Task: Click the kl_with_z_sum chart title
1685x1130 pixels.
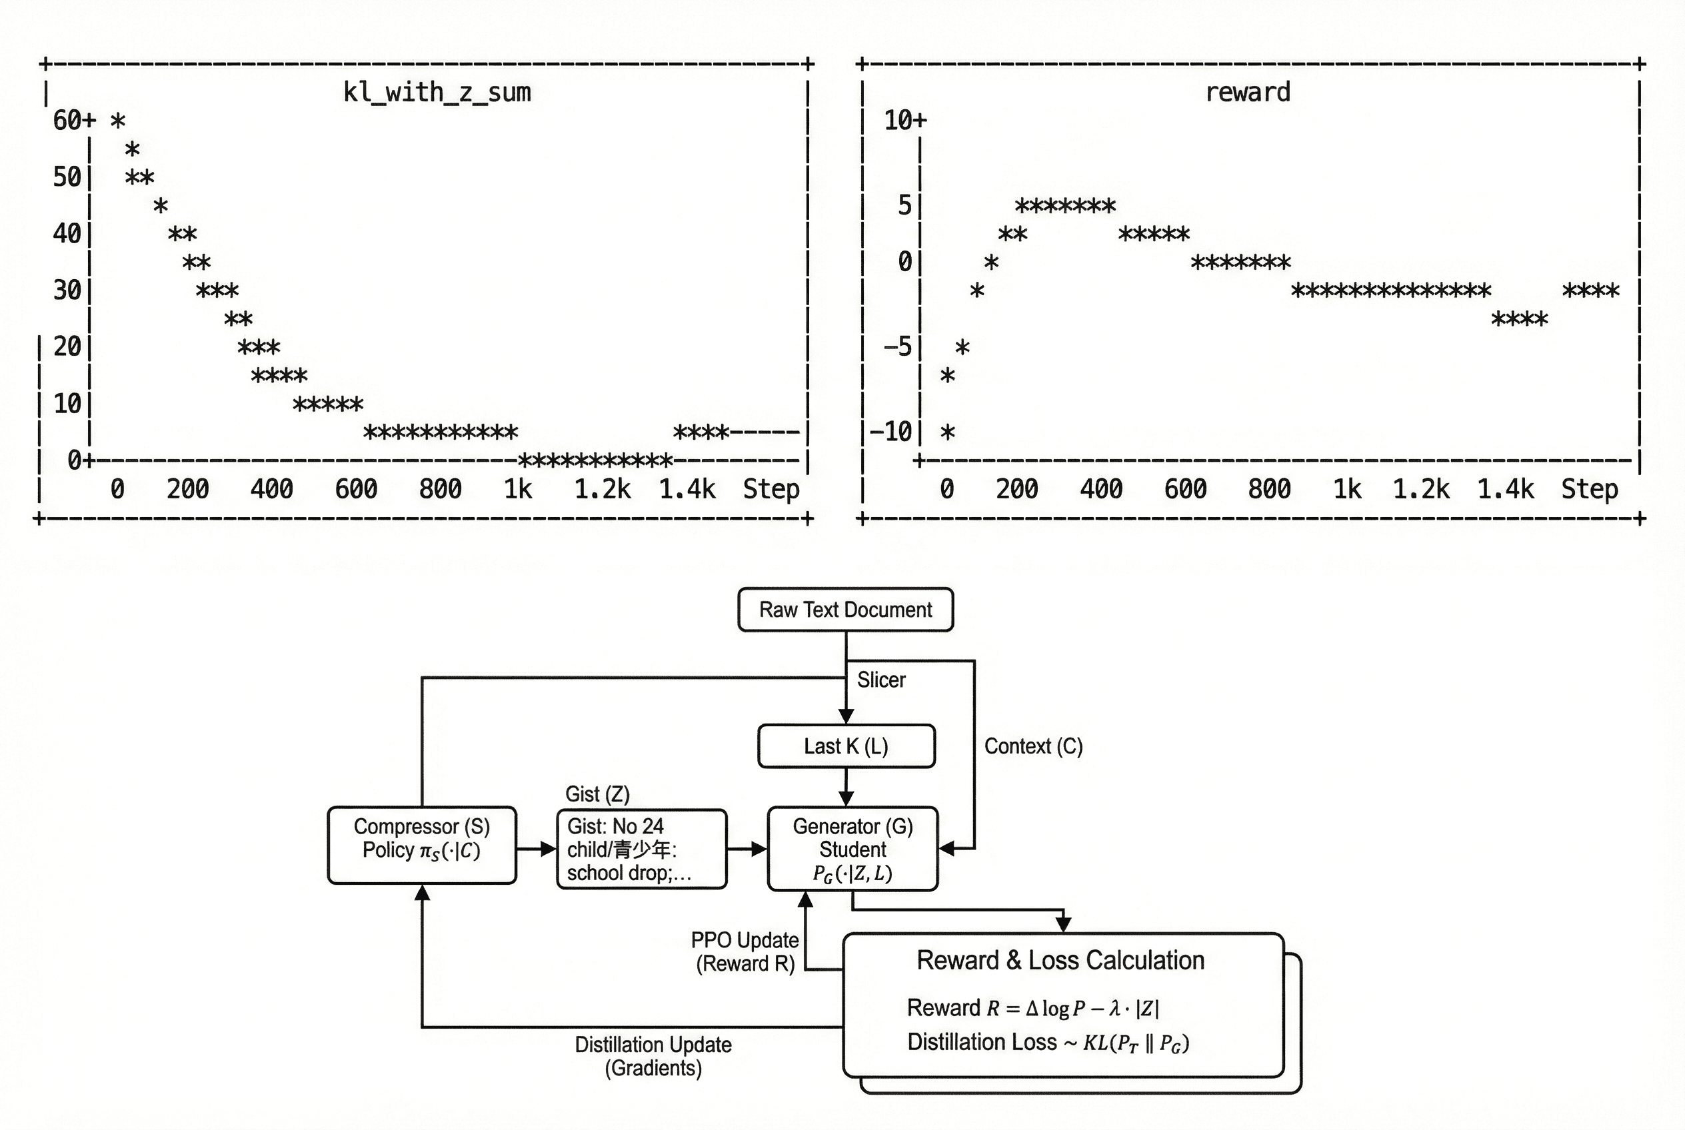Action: pyautogui.click(x=437, y=92)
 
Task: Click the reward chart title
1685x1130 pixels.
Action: pyautogui.click(x=1247, y=92)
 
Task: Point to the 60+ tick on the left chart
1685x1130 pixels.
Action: pyautogui.click(x=74, y=120)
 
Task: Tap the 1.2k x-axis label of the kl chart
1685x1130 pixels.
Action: pyautogui.click(x=602, y=489)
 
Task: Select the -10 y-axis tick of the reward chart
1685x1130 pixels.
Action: pyautogui.click(x=891, y=432)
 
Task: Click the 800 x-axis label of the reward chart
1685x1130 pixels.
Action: pyautogui.click(x=1269, y=489)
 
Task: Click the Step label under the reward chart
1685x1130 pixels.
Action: pyautogui.click(x=1589, y=489)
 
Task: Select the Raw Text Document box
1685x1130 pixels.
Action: pyautogui.click(x=845, y=610)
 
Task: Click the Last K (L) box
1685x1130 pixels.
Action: pyautogui.click(x=846, y=746)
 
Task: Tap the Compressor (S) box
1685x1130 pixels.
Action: pyautogui.click(x=422, y=845)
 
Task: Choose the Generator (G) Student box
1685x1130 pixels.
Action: pyautogui.click(x=852, y=849)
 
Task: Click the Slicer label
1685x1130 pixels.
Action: pyautogui.click(x=880, y=680)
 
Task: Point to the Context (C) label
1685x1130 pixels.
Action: pyautogui.click(x=1033, y=746)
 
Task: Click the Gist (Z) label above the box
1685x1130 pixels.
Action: pyautogui.click(x=597, y=794)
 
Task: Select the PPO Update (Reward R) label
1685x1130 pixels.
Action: pyautogui.click(x=745, y=951)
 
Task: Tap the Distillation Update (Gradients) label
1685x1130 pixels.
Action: pyautogui.click(x=653, y=1056)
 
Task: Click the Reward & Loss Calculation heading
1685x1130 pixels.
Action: pyautogui.click(x=1060, y=960)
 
